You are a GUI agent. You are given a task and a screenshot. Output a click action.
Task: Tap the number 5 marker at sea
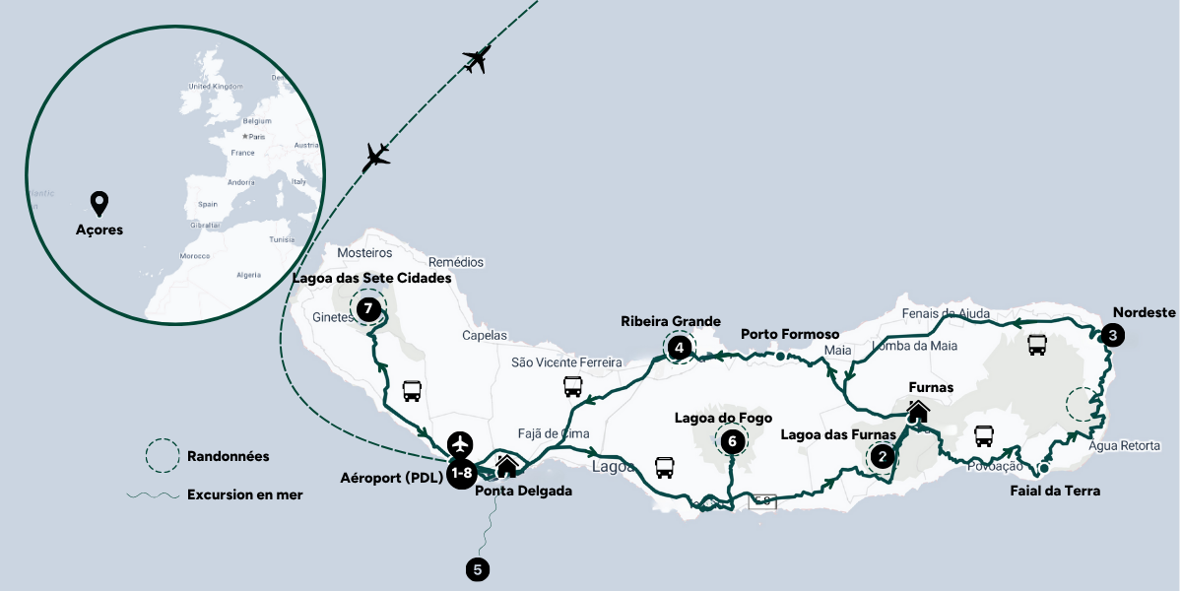tap(478, 568)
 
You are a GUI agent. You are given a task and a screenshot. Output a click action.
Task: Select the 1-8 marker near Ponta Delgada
tap(463, 473)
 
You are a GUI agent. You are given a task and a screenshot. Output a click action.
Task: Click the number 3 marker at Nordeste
tap(1112, 335)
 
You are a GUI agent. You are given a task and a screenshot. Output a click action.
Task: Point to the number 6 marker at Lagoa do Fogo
tap(732, 441)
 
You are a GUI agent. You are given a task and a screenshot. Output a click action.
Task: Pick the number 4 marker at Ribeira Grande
tap(679, 346)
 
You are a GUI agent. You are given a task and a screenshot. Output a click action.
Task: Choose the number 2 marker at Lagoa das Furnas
tap(882, 455)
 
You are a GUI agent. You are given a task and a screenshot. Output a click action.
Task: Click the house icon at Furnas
tap(918, 411)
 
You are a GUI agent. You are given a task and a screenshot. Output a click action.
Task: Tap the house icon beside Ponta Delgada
tap(506, 465)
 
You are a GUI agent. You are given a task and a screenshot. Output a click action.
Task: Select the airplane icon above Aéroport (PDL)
tap(460, 442)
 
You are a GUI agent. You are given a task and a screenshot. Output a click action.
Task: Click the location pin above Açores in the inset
tap(98, 204)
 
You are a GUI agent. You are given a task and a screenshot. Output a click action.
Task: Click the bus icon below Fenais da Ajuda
tap(1037, 345)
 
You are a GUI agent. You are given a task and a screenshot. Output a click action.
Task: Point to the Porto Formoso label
tap(789, 334)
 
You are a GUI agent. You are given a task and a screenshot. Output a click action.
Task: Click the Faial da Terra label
tap(1055, 491)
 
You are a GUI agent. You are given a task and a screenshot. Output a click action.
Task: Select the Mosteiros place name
tap(364, 252)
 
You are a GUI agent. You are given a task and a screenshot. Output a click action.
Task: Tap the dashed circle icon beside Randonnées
tap(162, 456)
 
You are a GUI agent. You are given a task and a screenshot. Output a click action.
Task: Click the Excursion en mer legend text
tap(244, 494)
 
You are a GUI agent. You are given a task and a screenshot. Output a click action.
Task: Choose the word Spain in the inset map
tap(207, 204)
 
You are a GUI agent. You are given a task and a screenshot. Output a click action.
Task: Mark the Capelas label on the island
tap(485, 335)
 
